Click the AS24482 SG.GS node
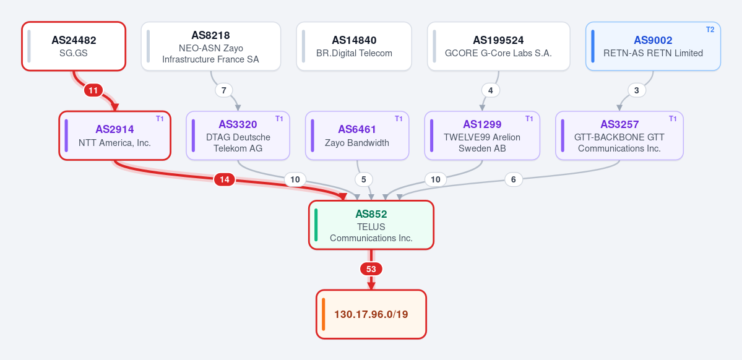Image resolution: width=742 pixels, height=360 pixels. point(74,46)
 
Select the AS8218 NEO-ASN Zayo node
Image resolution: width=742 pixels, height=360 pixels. point(210,46)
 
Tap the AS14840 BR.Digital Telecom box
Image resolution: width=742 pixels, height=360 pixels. point(354,46)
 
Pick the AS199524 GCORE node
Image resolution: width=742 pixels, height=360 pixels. point(498,46)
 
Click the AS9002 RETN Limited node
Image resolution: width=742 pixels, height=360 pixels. point(653,46)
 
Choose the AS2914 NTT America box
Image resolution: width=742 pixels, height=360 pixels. point(114,135)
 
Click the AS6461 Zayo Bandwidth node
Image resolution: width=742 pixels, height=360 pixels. point(357,135)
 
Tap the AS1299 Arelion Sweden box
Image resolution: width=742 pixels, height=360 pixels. point(481,135)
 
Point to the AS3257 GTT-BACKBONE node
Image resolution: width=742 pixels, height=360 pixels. point(619,135)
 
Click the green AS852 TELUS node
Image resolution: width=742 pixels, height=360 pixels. point(371,225)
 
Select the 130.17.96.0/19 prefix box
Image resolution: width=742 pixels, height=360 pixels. point(371,314)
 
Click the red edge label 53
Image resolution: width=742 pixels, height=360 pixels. point(371,269)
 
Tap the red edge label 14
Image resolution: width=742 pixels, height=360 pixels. point(224,179)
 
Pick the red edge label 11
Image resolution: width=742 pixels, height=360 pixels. point(93,90)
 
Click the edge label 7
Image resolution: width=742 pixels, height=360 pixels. point(224,90)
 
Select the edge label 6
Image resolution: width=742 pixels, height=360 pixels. point(514,179)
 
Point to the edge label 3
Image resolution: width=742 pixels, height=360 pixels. point(636,90)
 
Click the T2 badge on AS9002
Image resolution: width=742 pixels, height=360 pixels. point(710,29)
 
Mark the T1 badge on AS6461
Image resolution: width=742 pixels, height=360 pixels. point(399,119)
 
